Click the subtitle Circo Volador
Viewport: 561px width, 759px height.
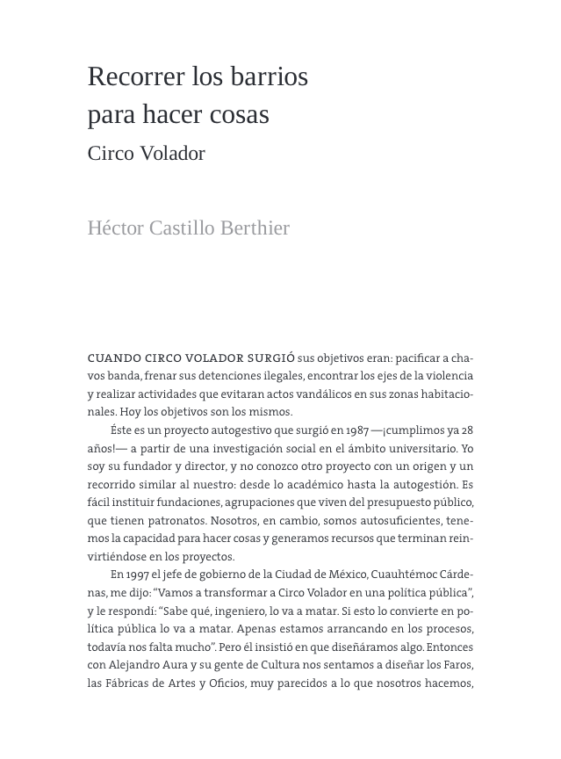146,154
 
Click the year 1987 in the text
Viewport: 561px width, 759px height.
355,430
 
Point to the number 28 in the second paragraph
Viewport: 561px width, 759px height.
467,430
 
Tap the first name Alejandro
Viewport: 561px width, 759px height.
119,665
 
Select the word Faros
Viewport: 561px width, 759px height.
457,665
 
